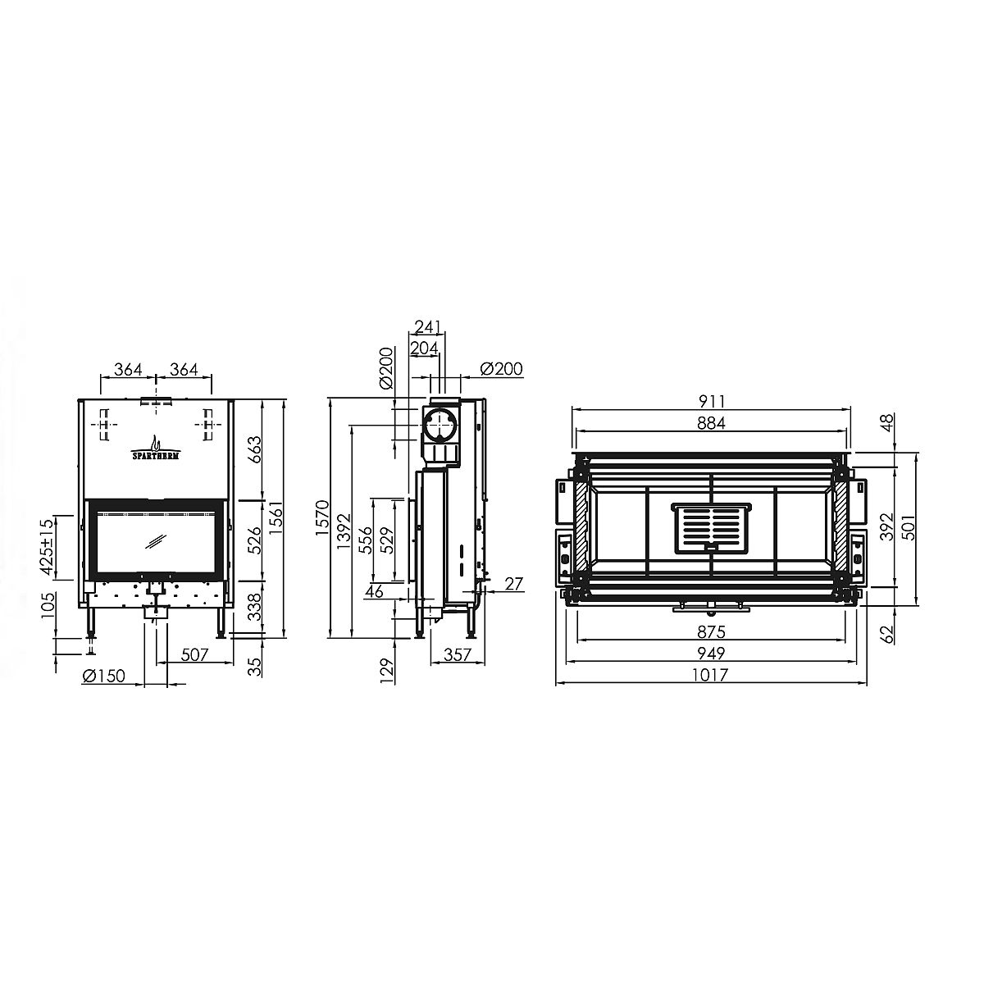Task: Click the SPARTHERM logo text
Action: click(155, 455)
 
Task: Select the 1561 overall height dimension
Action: click(276, 517)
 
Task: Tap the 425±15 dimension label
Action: click(47, 547)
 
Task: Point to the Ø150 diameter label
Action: click(103, 676)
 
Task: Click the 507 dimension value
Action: click(194, 654)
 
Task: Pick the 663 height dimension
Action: click(253, 449)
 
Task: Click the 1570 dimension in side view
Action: click(323, 517)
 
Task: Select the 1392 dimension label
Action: click(344, 531)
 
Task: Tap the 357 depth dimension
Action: click(457, 654)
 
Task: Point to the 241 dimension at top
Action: click(427, 326)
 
